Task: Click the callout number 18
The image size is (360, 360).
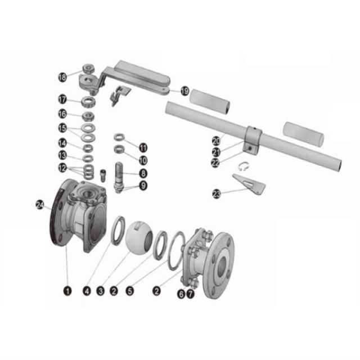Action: point(62,76)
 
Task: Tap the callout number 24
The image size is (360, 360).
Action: point(40,205)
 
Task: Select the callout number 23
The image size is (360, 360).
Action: point(217,193)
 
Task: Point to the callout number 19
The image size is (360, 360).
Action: point(184,91)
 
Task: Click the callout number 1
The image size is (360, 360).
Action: point(67,291)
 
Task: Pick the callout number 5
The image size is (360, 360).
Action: point(130,291)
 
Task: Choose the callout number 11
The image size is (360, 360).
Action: point(143,147)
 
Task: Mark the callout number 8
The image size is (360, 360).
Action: point(143,173)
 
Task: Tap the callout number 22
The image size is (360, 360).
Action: point(215,163)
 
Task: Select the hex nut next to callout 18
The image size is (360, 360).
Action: point(88,69)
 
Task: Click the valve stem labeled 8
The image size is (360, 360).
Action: point(119,178)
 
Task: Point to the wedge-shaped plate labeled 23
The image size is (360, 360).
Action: point(249,184)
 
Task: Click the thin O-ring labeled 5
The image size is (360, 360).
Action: point(177,251)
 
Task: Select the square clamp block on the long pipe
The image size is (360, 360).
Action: point(254,141)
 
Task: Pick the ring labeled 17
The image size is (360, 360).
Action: point(89,101)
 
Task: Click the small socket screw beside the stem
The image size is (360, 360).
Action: point(103,175)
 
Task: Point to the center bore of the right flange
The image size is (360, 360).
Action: point(221,266)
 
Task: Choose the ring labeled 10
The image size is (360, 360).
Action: point(119,149)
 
